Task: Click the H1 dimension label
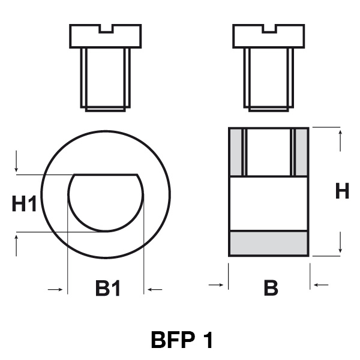pyautogui.click(x=24, y=203)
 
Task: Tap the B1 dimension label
pyautogui.click(x=108, y=289)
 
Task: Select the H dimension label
pyautogui.click(x=342, y=191)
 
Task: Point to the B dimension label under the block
pyautogui.click(x=271, y=287)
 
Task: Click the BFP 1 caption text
pyautogui.click(x=182, y=340)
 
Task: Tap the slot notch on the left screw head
pyautogui.click(x=106, y=29)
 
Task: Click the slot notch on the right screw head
pyautogui.click(x=269, y=29)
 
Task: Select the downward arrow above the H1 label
pyautogui.click(x=16, y=161)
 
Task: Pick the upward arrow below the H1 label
pyautogui.click(x=16, y=245)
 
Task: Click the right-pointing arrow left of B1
pyautogui.click(x=55, y=290)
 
